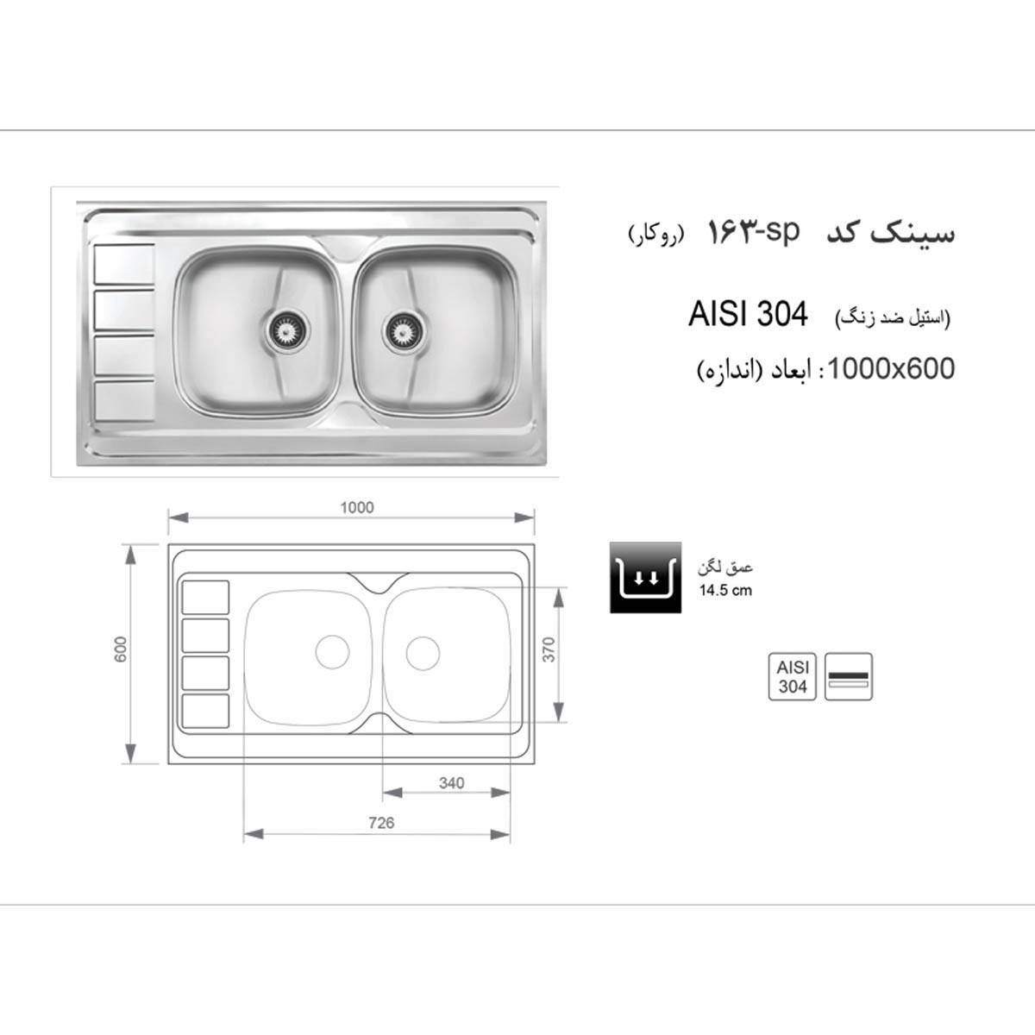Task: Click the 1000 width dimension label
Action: [356, 507]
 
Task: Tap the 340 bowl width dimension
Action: [450, 782]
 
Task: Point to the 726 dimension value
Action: [380, 823]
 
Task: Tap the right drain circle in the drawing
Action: [422, 652]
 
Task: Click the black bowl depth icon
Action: [645, 578]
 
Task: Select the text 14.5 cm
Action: [725, 591]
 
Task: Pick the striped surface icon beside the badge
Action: [850, 676]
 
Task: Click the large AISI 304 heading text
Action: [748, 315]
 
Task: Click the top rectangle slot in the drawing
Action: [205, 597]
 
